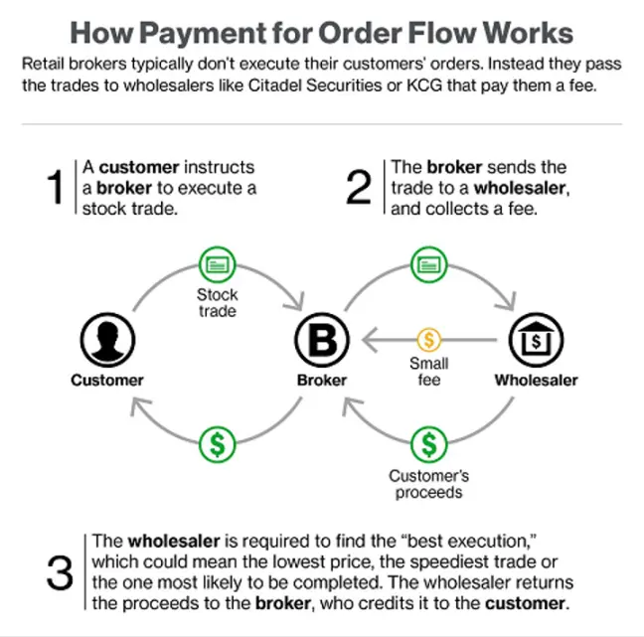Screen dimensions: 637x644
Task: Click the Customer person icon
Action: coord(106,340)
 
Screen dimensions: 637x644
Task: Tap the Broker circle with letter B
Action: coord(322,341)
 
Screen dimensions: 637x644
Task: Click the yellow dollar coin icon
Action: coord(428,340)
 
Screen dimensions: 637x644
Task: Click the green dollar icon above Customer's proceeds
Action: coord(428,443)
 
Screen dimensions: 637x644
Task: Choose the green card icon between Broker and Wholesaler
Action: coord(428,264)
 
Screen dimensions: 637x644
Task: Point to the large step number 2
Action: coord(358,187)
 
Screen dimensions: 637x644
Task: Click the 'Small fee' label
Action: coord(428,372)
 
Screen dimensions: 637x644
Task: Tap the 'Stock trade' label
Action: coord(217,303)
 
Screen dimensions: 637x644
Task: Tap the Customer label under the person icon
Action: coord(107,380)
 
